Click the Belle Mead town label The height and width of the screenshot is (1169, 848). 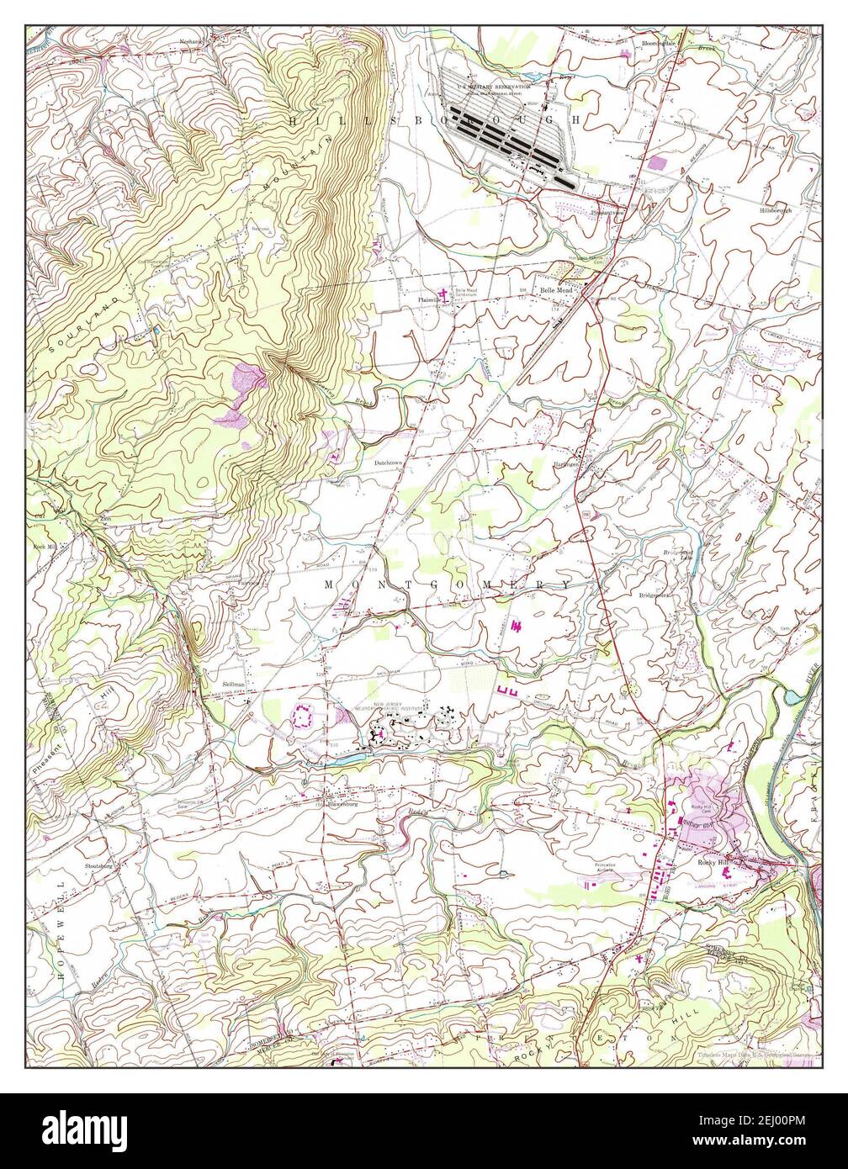point(555,290)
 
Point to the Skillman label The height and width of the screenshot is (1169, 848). point(234,685)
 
